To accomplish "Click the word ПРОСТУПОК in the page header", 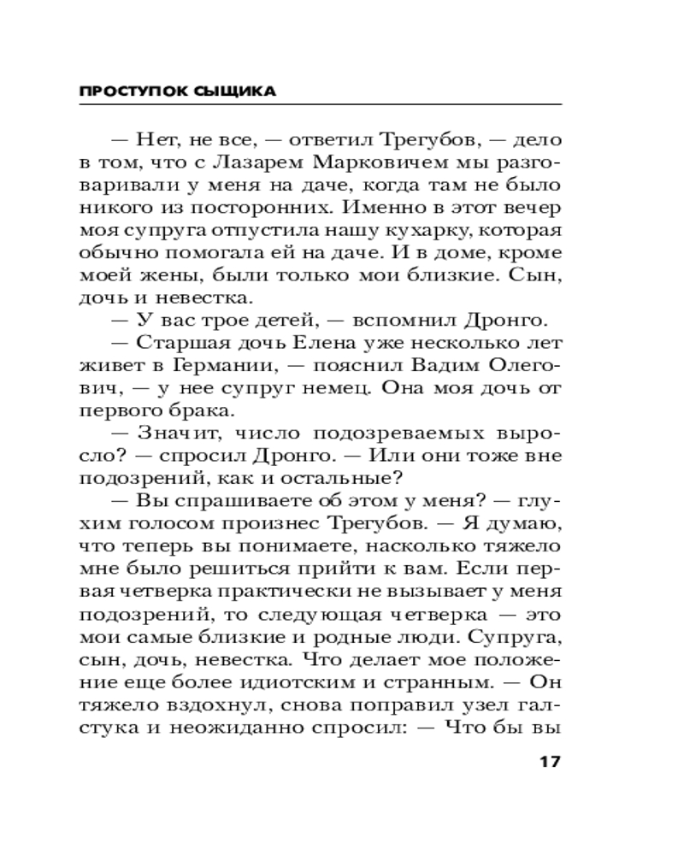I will [x=120, y=91].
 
